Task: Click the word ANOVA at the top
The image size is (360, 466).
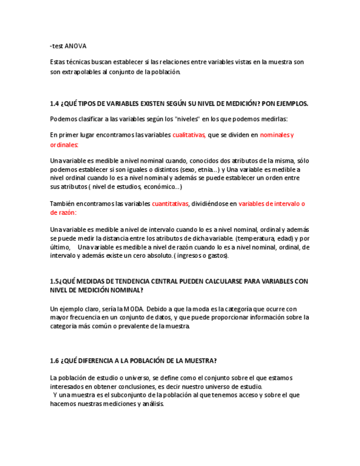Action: [76, 46]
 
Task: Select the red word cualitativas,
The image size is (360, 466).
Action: [189, 135]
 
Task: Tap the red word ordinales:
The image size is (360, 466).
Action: [64, 145]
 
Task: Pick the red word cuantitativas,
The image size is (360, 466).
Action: [170, 203]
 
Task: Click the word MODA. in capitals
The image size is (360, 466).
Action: [134, 309]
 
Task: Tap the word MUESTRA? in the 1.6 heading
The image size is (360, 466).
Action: [200, 360]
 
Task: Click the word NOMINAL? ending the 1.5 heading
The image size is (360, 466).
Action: [128, 290]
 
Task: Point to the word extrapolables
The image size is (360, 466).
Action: [81, 71]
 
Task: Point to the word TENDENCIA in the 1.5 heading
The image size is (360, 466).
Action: [131, 281]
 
